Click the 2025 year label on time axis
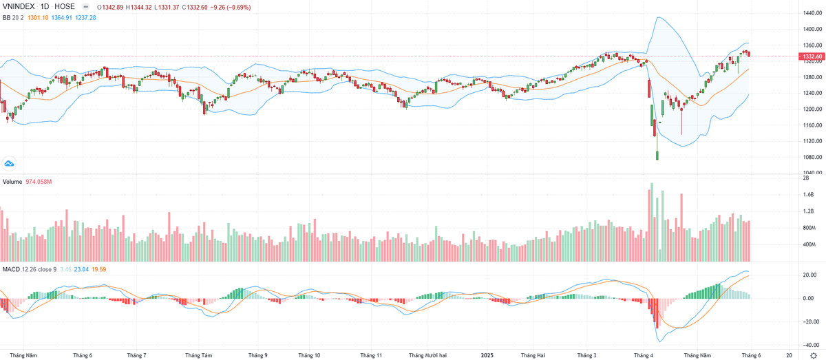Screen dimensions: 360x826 pyautogui.click(x=487, y=355)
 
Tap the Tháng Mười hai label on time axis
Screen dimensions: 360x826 pyautogui.click(x=427, y=355)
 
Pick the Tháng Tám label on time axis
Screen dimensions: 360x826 pyautogui.click(x=199, y=355)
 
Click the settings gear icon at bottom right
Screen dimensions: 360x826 pyautogui.click(x=813, y=354)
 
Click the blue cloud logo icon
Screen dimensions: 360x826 pyautogui.click(x=10, y=163)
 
